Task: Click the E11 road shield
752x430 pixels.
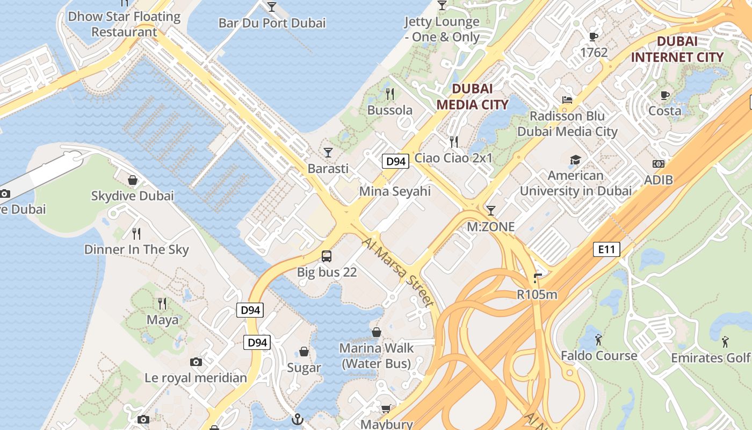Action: point(607,249)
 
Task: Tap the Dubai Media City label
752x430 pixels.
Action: point(472,97)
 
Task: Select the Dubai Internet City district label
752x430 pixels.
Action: point(677,49)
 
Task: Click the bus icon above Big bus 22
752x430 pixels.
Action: point(327,256)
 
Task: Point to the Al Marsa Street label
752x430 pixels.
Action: point(398,273)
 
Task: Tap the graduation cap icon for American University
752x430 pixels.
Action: point(575,160)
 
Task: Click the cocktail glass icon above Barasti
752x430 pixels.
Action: point(328,153)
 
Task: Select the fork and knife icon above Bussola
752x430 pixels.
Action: point(390,94)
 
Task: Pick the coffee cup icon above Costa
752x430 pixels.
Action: point(665,96)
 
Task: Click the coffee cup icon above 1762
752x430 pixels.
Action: point(594,37)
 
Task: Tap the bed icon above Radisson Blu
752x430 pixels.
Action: point(567,99)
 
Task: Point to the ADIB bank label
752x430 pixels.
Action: point(659,180)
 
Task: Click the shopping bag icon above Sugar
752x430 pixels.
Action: point(304,352)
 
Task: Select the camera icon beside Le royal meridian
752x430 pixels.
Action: point(196,362)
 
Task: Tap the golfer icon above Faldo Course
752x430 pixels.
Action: point(598,340)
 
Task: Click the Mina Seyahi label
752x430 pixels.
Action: point(395,191)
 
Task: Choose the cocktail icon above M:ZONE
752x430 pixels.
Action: point(490,210)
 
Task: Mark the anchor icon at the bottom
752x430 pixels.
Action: point(297,419)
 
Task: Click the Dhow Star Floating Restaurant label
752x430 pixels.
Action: point(124,24)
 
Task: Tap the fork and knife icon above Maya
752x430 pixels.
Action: point(162,304)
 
